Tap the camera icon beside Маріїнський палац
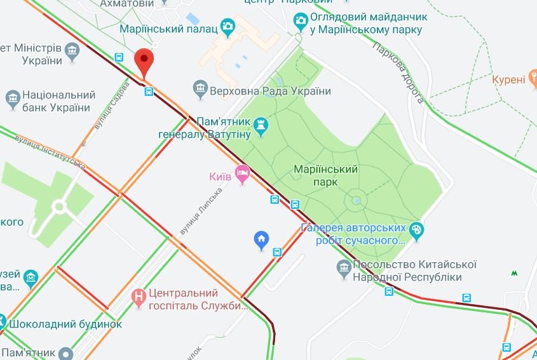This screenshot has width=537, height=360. pyautogui.click(x=228, y=26)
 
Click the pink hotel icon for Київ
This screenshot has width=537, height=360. pyautogui.click(x=241, y=173)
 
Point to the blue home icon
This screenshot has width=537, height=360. pyautogui.click(x=261, y=239)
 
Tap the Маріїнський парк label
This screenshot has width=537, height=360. pyautogui.click(x=327, y=176)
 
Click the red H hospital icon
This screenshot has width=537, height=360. pyautogui.click(x=138, y=297)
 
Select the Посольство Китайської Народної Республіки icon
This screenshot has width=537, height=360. pyautogui.click(x=344, y=269)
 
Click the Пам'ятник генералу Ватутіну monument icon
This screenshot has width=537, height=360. pyautogui.click(x=261, y=126)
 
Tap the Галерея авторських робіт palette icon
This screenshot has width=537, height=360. pyautogui.click(x=417, y=231)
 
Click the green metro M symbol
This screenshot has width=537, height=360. pyautogui.click(x=513, y=274)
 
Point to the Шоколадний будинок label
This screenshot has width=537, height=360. pyautogui.click(x=64, y=323)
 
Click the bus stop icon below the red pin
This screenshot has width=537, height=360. pyautogui.click(x=148, y=92)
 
